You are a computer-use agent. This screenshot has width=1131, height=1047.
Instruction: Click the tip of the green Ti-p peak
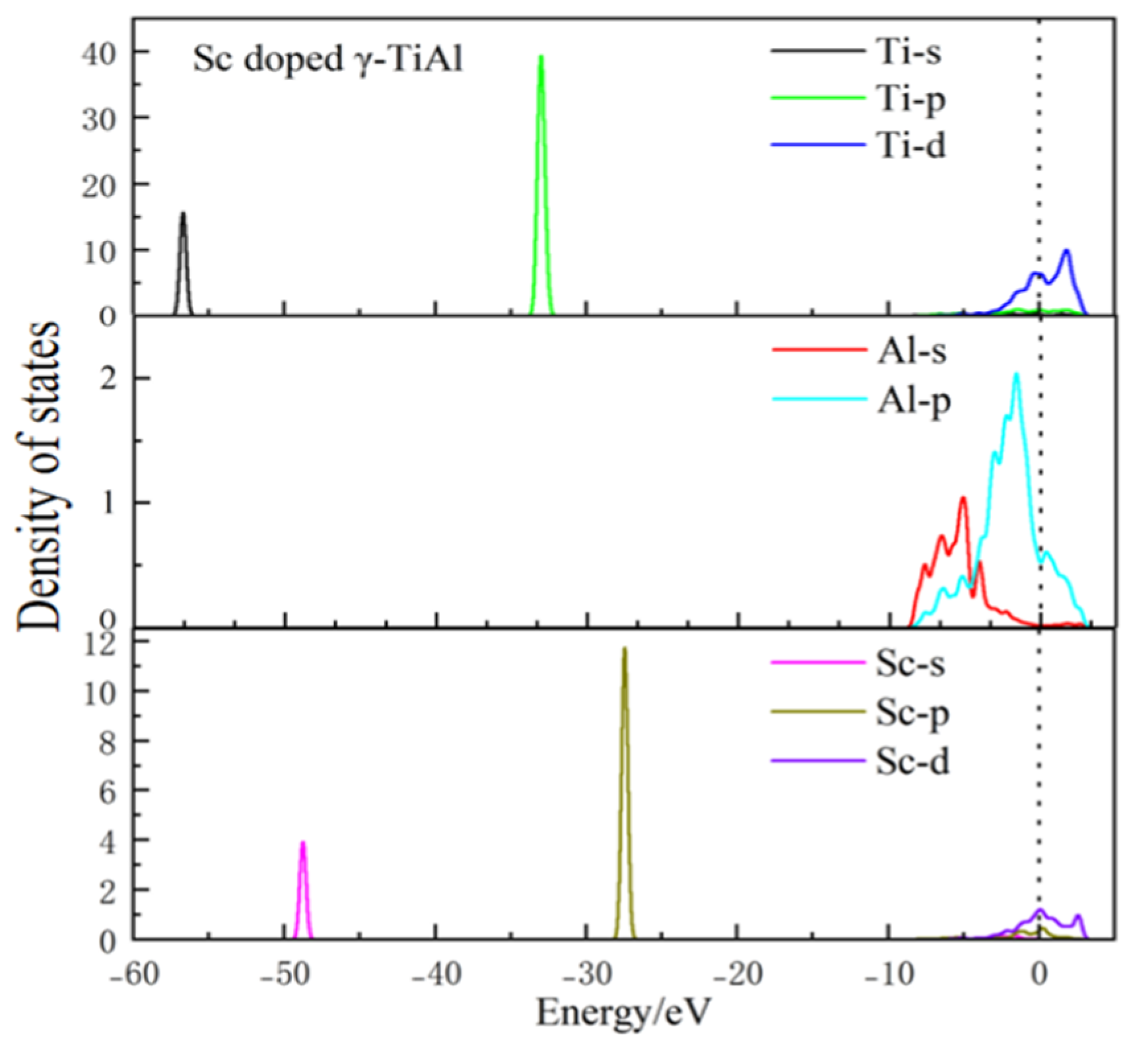tap(541, 57)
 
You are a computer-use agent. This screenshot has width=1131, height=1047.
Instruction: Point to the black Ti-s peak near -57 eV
tap(183, 214)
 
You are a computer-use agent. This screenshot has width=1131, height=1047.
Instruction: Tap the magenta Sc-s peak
tap(303, 843)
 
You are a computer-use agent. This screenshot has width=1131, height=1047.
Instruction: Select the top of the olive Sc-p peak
tap(624, 650)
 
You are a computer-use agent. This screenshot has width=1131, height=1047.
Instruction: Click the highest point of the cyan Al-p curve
tap(1017, 374)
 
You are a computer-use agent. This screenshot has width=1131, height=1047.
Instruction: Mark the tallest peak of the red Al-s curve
tap(963, 498)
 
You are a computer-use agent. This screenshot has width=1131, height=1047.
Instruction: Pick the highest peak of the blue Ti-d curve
tap(1066, 250)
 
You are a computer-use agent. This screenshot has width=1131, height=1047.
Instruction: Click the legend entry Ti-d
tap(910, 145)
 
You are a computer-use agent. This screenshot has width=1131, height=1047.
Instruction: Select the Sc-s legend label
tap(910, 663)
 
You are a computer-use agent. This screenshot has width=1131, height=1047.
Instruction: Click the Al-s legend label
tap(911, 351)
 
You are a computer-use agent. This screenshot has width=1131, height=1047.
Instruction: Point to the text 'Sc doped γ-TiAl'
tap(327, 60)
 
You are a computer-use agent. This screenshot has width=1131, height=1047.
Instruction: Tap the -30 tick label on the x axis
tap(586, 974)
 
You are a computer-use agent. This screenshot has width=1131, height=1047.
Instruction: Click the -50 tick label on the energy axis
tap(285, 974)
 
